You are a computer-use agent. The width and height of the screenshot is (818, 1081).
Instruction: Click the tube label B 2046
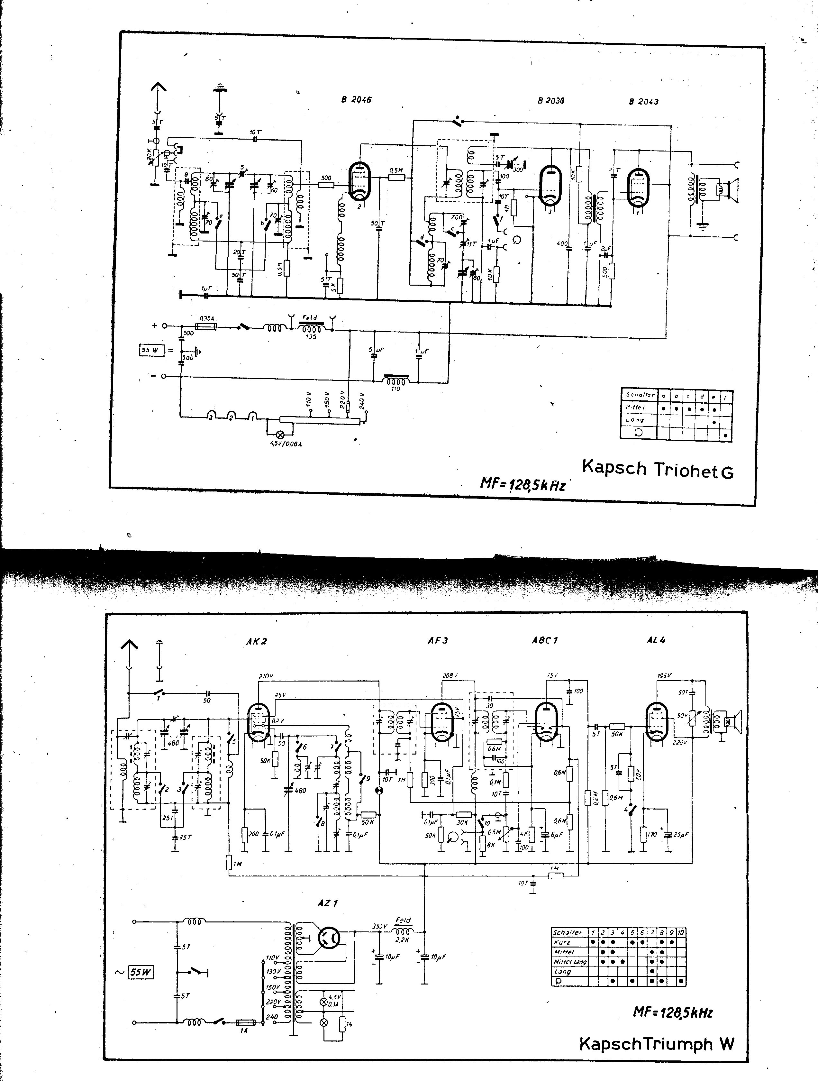click(x=356, y=100)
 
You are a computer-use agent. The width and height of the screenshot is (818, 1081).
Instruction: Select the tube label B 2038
click(x=551, y=101)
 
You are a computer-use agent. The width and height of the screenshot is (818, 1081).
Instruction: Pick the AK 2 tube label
click(x=257, y=642)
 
